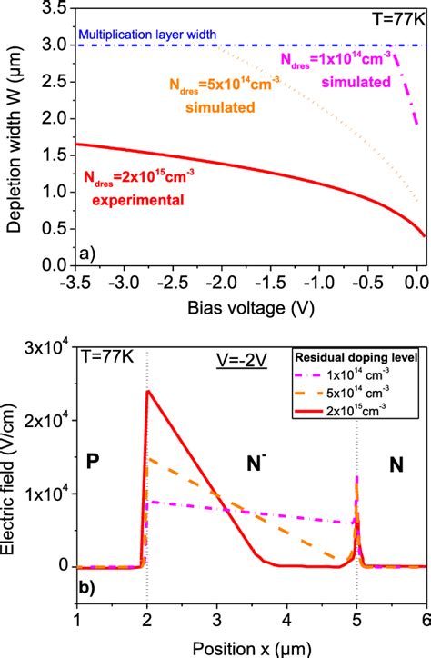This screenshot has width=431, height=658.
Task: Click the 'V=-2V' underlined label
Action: [214, 356]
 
